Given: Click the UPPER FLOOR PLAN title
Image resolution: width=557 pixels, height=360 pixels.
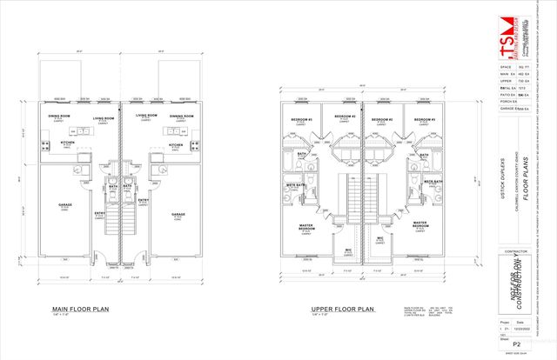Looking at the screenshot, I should pyautogui.click(x=343, y=309).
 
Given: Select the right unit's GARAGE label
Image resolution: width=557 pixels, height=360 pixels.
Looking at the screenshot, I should pyautogui.click(x=178, y=213).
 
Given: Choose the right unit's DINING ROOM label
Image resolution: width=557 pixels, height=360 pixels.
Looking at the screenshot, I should pyautogui.click(x=181, y=116).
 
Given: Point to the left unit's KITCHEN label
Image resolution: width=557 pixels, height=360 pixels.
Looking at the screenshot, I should pyautogui.click(x=68, y=143).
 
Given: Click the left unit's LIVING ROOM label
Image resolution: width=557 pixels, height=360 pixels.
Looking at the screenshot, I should pyautogui.click(x=104, y=116).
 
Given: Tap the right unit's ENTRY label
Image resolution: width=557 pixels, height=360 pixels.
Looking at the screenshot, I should pyautogui.click(x=142, y=200).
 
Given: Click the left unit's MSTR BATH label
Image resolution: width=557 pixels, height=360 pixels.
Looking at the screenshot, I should pyautogui.click(x=296, y=184).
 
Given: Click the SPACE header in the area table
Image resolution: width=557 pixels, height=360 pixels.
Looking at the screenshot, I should pyautogui.click(x=505, y=66).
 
